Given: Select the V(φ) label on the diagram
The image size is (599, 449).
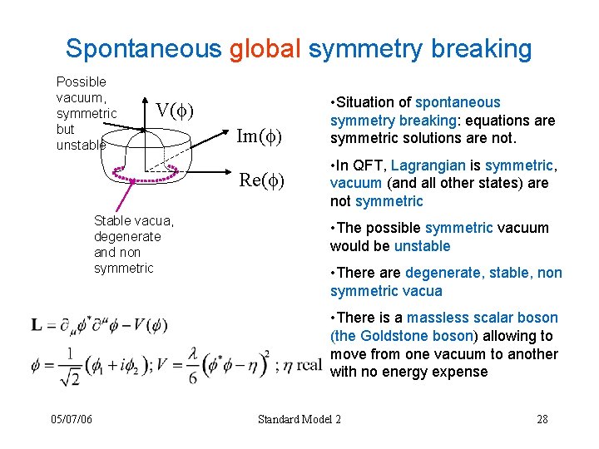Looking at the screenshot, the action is pyautogui.click(x=175, y=110).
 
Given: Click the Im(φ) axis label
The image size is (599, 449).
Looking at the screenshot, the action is pyautogui.click(x=260, y=136).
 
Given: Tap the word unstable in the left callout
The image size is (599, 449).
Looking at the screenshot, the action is pyautogui.click(x=81, y=145).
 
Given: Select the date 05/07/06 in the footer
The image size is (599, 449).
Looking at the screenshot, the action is pyautogui.click(x=70, y=419).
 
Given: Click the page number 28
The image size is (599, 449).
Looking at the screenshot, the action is pyautogui.click(x=542, y=419).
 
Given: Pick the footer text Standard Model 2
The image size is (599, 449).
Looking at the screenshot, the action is pyautogui.click(x=299, y=419).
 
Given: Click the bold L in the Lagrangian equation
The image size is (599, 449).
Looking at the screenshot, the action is pyautogui.click(x=37, y=324).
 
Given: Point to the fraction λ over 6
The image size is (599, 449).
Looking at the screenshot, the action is pyautogui.click(x=191, y=366).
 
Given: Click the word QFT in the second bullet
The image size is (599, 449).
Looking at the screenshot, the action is pyautogui.click(x=367, y=165).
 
